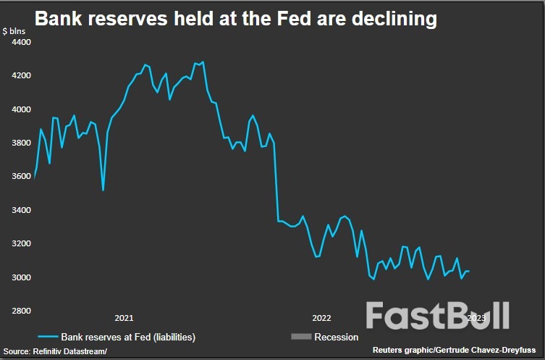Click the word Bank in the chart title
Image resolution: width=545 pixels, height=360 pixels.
pyautogui.click(x=58, y=19)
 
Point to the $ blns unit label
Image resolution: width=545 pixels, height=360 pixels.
pyautogui.click(x=16, y=31)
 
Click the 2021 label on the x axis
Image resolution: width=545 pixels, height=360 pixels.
pyautogui.click(x=124, y=318)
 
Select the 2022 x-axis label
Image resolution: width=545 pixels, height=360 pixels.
pyautogui.click(x=321, y=318)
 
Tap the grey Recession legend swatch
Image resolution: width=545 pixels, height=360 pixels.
pyautogui.click(x=300, y=337)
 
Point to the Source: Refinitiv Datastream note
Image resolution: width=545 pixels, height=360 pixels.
pyautogui.click(x=55, y=351)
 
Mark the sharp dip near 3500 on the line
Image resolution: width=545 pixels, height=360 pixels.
pyautogui.click(x=103, y=189)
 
